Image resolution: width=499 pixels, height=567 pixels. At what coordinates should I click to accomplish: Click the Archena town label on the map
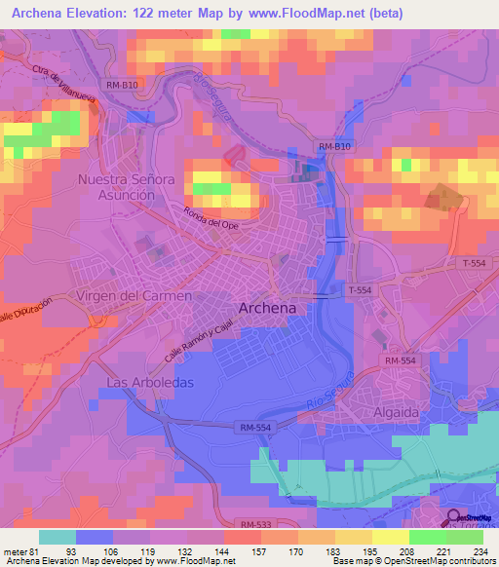267,308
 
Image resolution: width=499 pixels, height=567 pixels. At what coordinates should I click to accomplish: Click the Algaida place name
394,412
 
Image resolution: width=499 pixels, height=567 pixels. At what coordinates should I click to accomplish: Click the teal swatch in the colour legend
58,536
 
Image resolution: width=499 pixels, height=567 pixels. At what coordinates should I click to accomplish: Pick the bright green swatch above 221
427,536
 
